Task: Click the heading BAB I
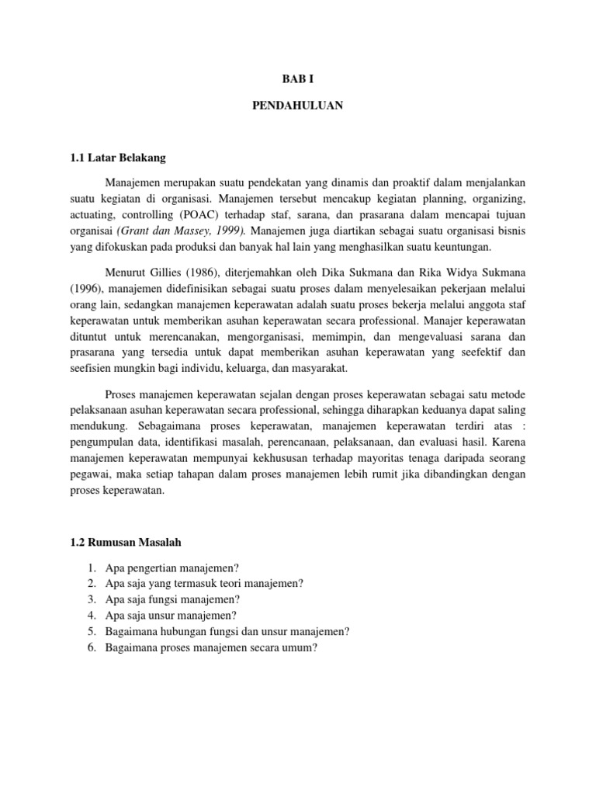click(x=297, y=78)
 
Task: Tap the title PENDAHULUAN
click(x=297, y=106)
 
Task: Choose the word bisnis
click(x=509, y=231)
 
